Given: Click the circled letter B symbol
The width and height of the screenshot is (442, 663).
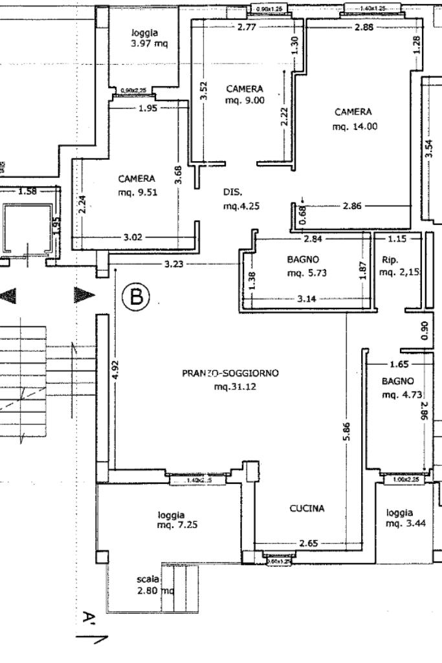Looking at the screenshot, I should (x=137, y=298).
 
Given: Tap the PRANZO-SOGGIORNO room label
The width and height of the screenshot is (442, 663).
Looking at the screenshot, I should (x=230, y=373).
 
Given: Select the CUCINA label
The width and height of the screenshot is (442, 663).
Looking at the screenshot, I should (x=307, y=508).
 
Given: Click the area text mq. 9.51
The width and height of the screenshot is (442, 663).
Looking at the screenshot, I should (x=136, y=192).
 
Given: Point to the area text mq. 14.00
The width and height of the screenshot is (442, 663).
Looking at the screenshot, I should (x=354, y=127).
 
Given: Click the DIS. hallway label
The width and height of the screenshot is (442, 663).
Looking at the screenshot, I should (x=232, y=192).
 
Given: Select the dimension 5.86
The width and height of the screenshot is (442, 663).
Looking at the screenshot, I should (x=347, y=431).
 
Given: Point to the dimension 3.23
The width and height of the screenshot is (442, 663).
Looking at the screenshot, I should (x=173, y=264).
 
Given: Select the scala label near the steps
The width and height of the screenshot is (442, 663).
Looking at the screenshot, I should (x=148, y=579).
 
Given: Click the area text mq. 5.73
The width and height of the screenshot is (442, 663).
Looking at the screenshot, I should (x=306, y=273).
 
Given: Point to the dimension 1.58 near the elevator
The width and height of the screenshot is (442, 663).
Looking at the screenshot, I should (x=28, y=191).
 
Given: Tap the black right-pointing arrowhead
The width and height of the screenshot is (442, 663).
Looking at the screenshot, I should (x=83, y=296).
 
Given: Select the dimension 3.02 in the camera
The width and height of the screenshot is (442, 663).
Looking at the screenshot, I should (x=132, y=237).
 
